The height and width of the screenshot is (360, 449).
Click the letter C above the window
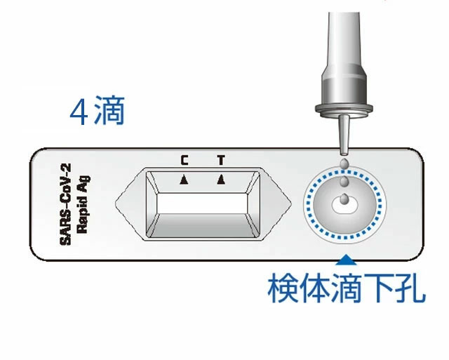coord(185,160)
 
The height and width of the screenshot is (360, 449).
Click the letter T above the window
coord(221,160)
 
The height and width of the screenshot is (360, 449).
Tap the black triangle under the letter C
coord(184,180)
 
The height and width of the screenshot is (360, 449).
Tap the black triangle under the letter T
coord(221,180)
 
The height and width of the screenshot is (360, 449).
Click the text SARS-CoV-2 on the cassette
coord(66,204)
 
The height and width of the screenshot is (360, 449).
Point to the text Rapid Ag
coord(83,204)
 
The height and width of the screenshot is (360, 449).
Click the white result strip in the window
coord(201,204)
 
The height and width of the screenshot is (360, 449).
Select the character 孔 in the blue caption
coord(410,288)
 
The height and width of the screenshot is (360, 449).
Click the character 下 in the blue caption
coord(378,288)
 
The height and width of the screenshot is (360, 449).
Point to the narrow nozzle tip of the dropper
coord(344,135)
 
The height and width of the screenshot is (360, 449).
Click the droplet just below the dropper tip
coord(344,164)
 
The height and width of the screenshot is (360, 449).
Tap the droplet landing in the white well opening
coord(344,199)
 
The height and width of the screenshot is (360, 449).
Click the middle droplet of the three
coord(344,181)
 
